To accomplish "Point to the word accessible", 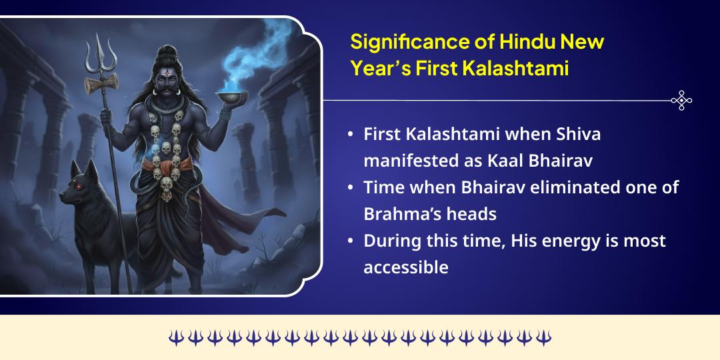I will pyautogui.click(x=405, y=267).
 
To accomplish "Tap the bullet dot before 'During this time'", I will pyautogui.click(x=351, y=241).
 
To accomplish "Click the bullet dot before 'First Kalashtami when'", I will pyautogui.click(x=351, y=135).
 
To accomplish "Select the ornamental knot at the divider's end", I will pyautogui.click(x=681, y=101).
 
